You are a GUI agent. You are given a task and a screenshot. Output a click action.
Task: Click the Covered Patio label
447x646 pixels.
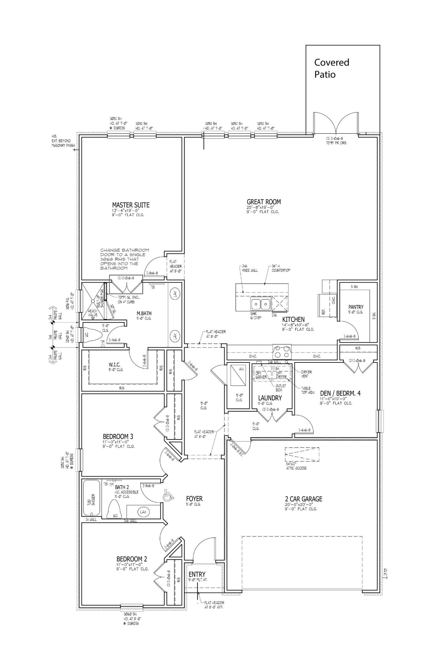point(332,68)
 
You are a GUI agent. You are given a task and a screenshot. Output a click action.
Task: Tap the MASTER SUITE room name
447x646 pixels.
point(131,205)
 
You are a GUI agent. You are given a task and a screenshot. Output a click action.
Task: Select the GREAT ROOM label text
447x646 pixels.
point(264,202)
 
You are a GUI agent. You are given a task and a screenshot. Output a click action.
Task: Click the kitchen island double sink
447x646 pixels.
point(261,304)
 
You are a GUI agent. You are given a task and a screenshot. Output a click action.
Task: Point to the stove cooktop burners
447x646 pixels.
point(282,349)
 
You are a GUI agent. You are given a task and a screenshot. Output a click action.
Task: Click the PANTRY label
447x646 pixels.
point(356,307)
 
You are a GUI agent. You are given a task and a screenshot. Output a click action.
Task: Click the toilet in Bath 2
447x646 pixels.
point(114,510)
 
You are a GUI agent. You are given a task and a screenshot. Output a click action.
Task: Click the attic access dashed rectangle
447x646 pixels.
point(302,456)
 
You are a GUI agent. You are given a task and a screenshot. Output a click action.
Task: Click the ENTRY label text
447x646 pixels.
point(197,574)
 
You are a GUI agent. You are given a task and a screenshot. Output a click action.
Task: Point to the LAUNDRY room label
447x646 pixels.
point(270,398)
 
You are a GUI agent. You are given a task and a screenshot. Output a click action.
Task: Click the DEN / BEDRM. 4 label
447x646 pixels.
point(340,393)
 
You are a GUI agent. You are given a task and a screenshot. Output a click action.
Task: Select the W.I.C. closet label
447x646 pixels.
point(114,365)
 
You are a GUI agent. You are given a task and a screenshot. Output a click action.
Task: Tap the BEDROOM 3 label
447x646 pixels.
point(118,437)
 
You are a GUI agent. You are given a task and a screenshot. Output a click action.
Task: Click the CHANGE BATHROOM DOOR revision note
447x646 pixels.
point(125,259)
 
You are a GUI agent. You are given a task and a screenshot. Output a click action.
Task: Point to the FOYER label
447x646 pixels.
point(194,499)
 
